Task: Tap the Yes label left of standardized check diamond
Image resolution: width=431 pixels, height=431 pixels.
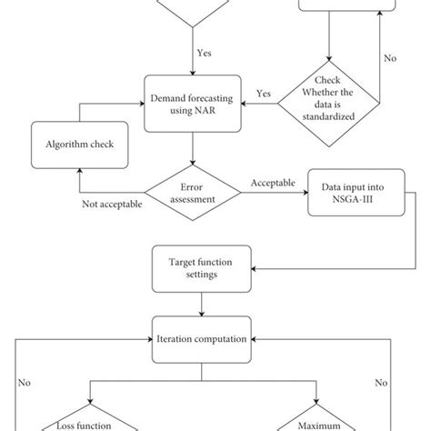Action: click(x=264, y=93)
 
